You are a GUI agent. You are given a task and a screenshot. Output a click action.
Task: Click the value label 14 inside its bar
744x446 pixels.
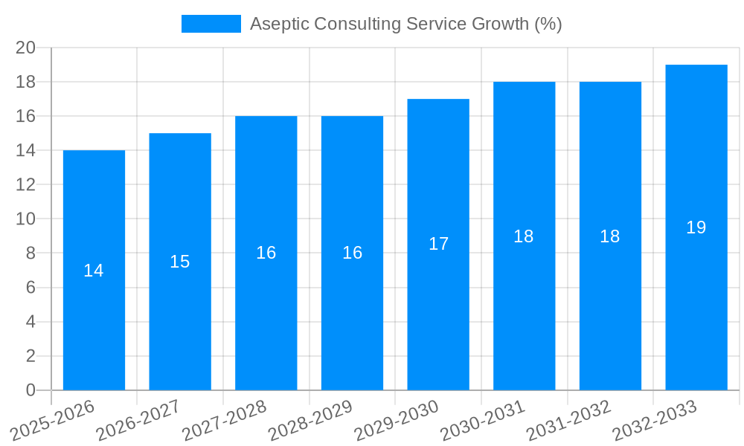coord(94,271)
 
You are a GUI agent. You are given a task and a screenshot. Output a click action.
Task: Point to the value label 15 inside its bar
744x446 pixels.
coord(180,262)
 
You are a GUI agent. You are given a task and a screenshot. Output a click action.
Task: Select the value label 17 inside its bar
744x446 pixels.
coord(438,244)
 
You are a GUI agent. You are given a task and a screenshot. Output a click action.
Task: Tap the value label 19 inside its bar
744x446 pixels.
coord(696,227)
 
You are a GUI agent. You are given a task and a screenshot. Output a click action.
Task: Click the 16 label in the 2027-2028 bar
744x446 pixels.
coord(266,253)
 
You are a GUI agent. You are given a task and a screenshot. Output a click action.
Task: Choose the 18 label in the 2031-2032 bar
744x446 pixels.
coord(610,236)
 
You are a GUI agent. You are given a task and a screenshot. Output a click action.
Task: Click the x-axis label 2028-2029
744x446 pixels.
coord(310,420)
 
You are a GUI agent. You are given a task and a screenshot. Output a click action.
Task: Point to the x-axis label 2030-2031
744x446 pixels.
coord(482,420)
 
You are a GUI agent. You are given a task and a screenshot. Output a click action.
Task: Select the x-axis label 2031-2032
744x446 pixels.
coord(568,420)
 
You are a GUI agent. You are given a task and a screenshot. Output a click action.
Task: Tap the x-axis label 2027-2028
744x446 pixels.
coord(224,420)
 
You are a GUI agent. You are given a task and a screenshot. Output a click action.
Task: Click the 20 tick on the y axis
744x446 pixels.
coord(26,48)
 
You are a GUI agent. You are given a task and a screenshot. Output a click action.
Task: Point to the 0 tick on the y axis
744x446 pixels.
coord(31,390)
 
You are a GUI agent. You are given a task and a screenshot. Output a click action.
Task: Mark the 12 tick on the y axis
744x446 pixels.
coord(26,184)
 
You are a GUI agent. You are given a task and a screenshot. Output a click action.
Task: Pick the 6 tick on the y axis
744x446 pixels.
coord(31,288)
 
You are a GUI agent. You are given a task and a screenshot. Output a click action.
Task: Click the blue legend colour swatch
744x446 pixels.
coord(211,24)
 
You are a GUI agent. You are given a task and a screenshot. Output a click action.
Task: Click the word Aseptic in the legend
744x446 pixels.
coord(279,24)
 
